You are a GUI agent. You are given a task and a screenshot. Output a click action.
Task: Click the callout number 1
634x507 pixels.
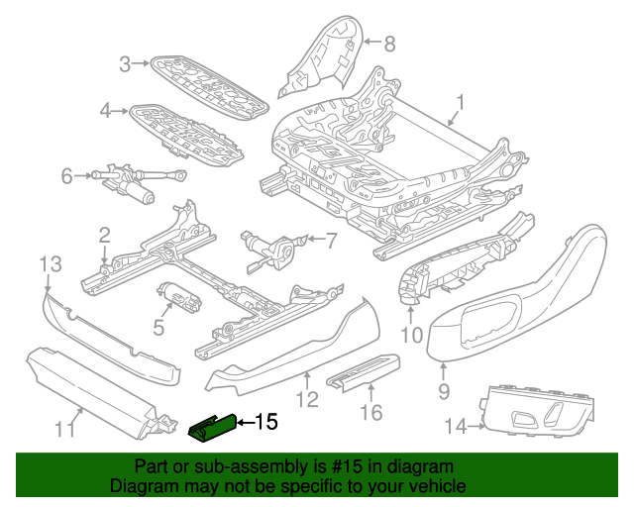tap(460, 102)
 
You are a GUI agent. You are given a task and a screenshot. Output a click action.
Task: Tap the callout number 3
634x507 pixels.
tap(125, 65)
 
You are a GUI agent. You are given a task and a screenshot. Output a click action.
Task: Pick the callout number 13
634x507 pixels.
tap(50, 263)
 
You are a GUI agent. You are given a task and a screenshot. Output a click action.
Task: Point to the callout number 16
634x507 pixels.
tap(372, 409)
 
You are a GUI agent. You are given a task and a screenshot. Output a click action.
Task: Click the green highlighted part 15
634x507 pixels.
tap(211, 426)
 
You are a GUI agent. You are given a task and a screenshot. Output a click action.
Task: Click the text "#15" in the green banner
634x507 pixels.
tap(365, 466)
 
